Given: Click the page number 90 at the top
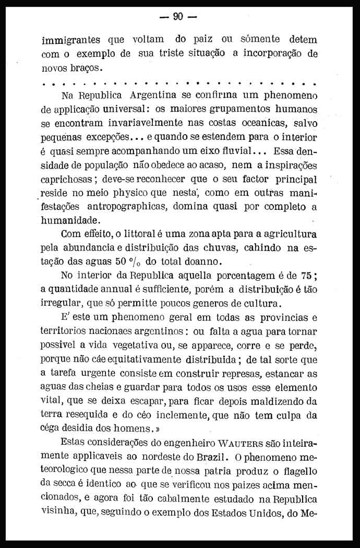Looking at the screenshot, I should point(177,16).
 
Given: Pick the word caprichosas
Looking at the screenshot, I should point(69,179).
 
